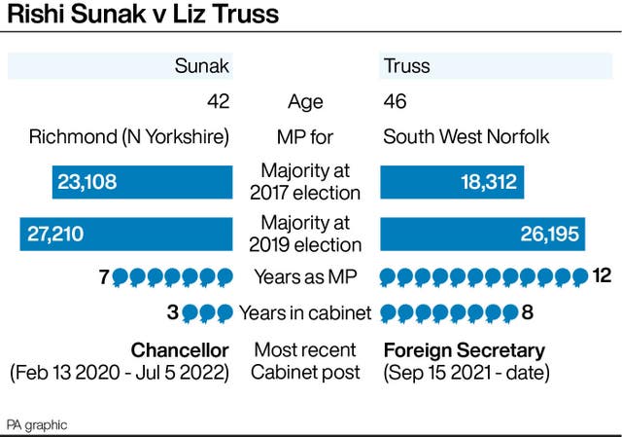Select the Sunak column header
[x=202, y=67]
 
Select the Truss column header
[x=406, y=67]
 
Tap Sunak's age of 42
[x=218, y=102]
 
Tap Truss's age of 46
[x=395, y=102]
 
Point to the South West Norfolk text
[x=466, y=136]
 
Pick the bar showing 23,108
[x=142, y=182]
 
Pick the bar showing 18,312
[x=452, y=182]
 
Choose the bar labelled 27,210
[x=126, y=235]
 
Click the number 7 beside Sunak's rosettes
[x=103, y=277]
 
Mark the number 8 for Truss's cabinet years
[x=528, y=313]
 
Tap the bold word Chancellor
[x=180, y=349]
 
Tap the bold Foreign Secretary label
[x=464, y=349]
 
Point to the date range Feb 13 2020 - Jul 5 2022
[x=120, y=373]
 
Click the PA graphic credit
[x=37, y=425]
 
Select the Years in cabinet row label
[x=304, y=313]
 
